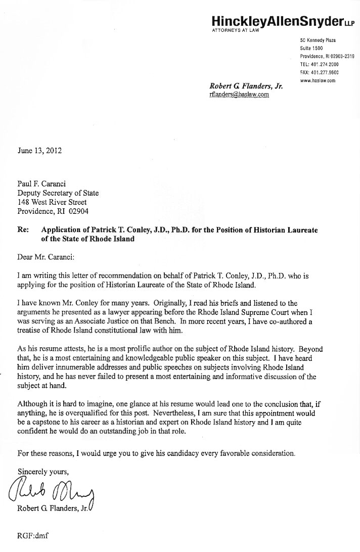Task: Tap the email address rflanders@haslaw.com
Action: (239, 94)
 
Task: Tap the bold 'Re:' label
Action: (23, 229)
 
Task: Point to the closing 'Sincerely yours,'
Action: (42, 472)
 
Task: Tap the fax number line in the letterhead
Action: (319, 73)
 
